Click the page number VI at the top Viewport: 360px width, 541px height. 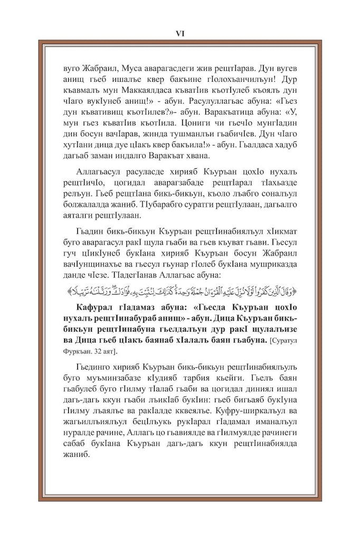tap(179, 33)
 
